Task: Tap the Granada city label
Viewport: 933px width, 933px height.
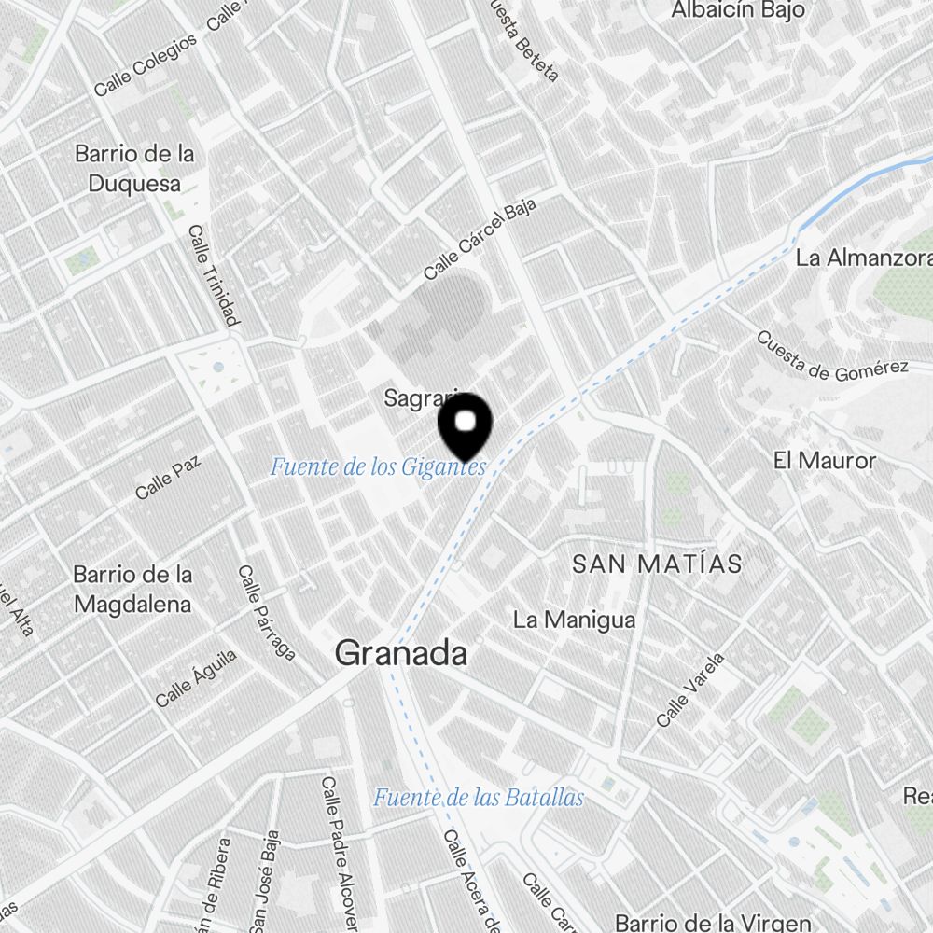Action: [x=401, y=653]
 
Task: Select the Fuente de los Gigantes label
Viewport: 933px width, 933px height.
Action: [x=378, y=466]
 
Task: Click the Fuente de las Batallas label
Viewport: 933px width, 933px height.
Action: [x=479, y=798]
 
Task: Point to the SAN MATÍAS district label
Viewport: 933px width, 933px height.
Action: [x=657, y=564]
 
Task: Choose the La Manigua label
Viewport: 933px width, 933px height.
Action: [x=575, y=620]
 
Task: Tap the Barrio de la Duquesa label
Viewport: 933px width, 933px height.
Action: [x=134, y=168]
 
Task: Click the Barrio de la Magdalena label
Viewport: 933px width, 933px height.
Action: [x=132, y=589]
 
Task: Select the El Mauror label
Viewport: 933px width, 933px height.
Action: [x=825, y=460]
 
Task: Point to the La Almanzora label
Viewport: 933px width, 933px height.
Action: [x=863, y=258]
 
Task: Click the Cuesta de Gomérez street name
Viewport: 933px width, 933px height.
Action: [x=831, y=356]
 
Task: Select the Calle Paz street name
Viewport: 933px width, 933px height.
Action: [x=168, y=477]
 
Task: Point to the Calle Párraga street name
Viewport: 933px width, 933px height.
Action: [x=267, y=613]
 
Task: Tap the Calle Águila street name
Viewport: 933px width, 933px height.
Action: [x=196, y=678]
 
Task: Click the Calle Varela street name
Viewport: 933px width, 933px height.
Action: [x=690, y=689]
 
